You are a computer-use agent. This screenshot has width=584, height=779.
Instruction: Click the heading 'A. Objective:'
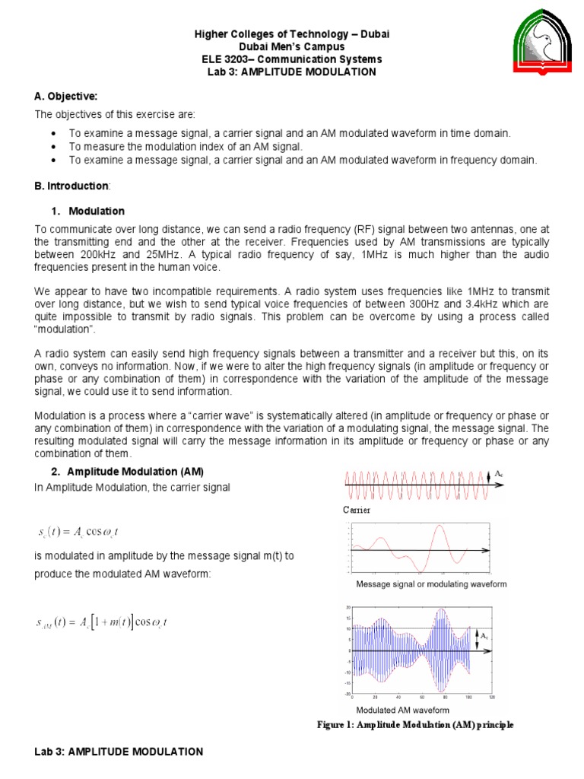65,96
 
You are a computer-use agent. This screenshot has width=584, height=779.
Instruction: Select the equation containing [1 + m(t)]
101,622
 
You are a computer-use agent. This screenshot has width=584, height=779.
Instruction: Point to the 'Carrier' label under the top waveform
357,510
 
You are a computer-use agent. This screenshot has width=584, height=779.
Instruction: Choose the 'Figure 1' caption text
415,725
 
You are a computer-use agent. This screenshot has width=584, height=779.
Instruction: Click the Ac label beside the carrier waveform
499,474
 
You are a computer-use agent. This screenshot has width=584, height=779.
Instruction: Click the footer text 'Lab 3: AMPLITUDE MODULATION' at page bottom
119,752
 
